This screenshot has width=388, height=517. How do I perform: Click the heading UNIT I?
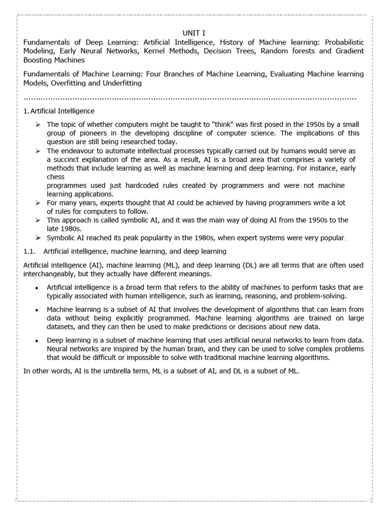(193, 33)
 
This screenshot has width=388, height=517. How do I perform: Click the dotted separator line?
(189, 97)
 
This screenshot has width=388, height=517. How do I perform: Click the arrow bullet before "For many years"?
(37, 202)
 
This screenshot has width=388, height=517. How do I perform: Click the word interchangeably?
(48, 273)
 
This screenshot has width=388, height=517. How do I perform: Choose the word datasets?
(61, 327)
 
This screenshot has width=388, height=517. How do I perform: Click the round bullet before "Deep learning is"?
(37, 341)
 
